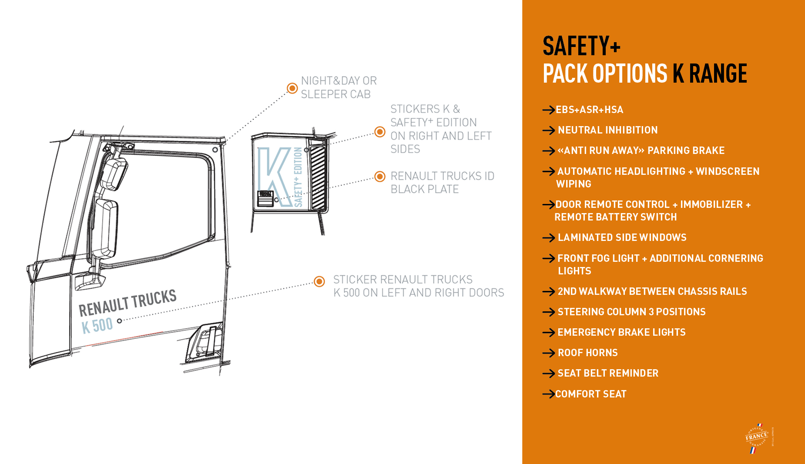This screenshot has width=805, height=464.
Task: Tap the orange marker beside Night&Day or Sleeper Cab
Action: coord(292,88)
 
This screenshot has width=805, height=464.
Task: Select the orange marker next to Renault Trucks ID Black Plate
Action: coord(380,177)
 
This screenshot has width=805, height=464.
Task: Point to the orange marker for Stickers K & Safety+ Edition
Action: coord(380,132)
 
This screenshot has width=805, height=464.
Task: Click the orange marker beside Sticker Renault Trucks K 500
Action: coord(319,281)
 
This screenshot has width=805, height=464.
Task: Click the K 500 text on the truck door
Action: coord(97,325)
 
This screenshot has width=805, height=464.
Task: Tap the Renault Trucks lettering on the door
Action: coord(127,302)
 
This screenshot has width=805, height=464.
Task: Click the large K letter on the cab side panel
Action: coord(274,174)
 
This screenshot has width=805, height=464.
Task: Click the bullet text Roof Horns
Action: coord(587,353)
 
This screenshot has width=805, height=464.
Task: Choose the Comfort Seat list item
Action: coord(590,394)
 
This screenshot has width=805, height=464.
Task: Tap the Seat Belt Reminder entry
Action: coord(608,373)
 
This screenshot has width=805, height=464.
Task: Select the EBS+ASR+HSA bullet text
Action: coord(589,110)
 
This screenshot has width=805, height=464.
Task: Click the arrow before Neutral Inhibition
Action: coord(548,130)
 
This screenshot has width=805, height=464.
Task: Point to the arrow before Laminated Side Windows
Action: coord(548,238)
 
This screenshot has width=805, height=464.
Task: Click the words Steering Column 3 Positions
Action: coord(631,312)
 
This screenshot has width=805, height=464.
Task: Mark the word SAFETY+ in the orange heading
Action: coord(581,46)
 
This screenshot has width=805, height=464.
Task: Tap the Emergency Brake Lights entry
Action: coord(621,332)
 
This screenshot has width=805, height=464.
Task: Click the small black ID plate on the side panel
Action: coord(265,198)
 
